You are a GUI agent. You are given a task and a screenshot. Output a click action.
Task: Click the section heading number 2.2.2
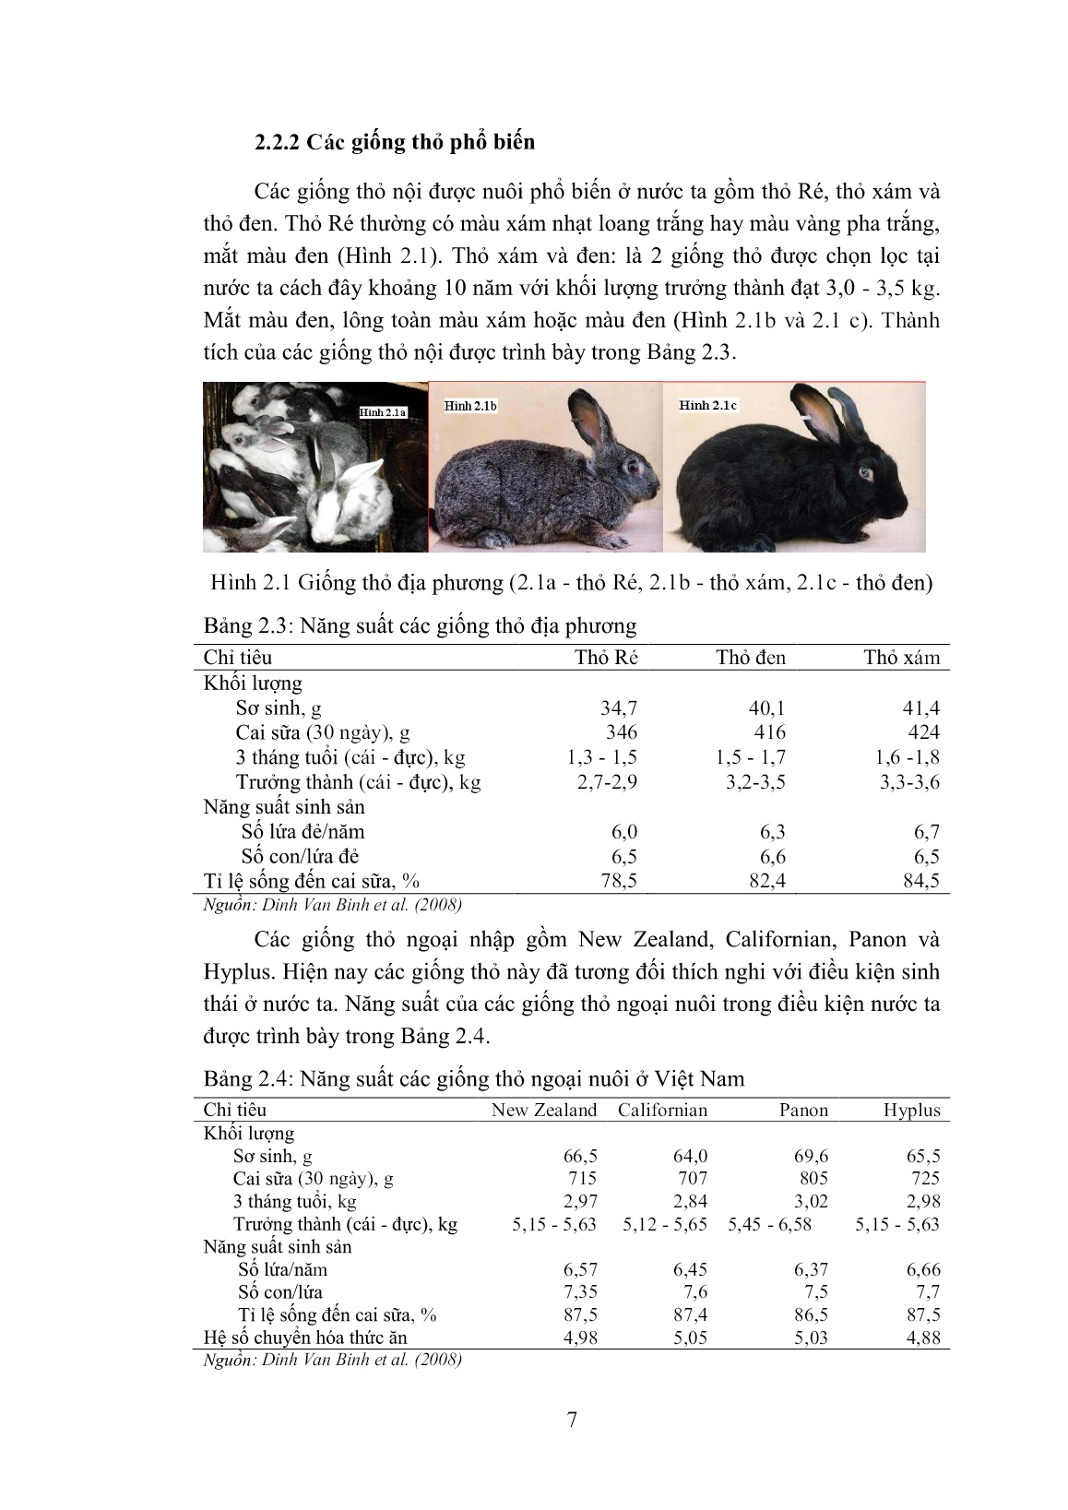click(279, 143)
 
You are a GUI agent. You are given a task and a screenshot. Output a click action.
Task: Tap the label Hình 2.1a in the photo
click(383, 412)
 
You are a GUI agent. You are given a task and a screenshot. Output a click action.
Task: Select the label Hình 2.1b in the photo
click(470, 405)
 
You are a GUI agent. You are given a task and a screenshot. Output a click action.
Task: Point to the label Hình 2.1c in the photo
click(708, 405)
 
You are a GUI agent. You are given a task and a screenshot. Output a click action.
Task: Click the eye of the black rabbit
click(866, 472)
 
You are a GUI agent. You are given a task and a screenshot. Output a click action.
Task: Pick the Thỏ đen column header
click(751, 658)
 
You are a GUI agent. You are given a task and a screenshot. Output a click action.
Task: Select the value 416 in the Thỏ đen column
click(769, 732)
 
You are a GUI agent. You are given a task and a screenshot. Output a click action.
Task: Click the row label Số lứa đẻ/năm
click(303, 831)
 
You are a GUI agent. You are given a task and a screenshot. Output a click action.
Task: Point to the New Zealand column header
click(544, 1110)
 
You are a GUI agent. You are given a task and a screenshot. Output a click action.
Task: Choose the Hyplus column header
click(911, 1110)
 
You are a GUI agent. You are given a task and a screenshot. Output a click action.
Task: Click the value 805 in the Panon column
click(813, 1178)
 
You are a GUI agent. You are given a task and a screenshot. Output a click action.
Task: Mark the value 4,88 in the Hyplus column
click(921, 1337)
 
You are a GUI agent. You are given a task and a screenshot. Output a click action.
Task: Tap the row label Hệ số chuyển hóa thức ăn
click(305, 1337)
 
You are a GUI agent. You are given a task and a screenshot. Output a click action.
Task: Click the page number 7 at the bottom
click(572, 1421)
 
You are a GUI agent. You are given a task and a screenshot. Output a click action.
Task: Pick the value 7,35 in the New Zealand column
click(578, 1291)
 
